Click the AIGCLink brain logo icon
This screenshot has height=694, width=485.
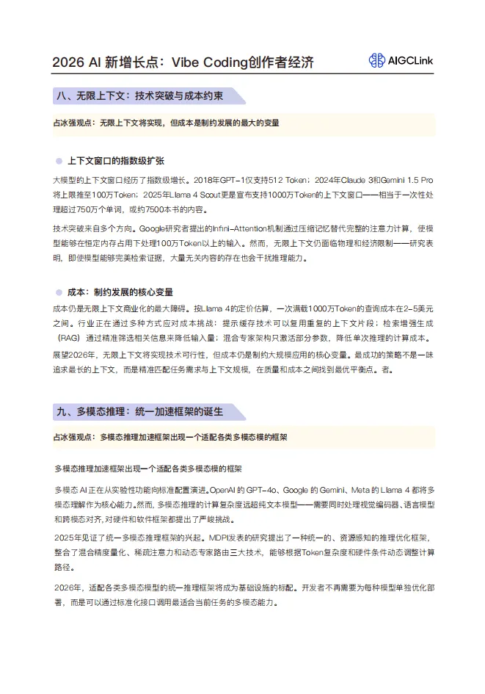378,61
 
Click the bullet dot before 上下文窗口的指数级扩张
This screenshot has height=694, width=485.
59,160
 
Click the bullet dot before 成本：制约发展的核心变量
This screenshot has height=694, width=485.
59,292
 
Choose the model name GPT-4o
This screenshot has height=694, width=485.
263,489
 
